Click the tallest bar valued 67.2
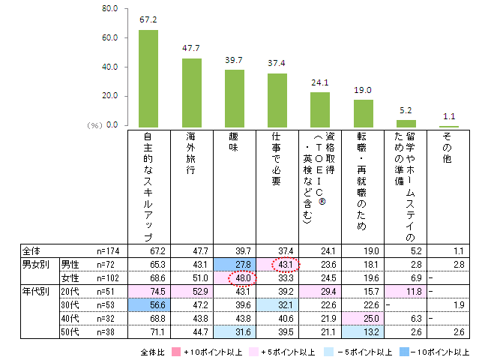[x=149, y=79]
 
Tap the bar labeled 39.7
[x=235, y=98]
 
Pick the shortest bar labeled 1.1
[x=449, y=126]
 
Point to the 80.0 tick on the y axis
[x=110, y=9]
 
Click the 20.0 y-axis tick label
[x=110, y=96]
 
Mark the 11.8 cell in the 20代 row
[x=406, y=291]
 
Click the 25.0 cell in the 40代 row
[x=363, y=318]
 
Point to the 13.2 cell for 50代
[x=363, y=331]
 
